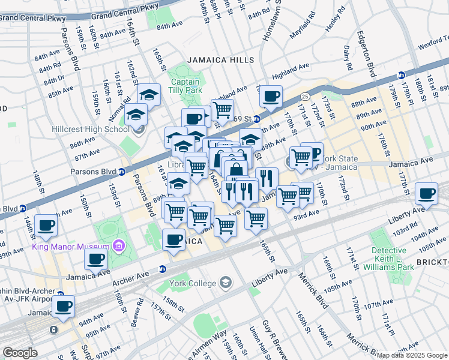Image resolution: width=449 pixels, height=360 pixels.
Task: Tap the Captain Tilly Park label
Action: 185,86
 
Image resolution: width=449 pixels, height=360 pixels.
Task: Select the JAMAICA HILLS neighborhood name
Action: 220,61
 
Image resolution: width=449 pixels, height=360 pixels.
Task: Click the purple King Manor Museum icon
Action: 118,247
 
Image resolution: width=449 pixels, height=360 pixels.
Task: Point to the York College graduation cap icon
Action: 226,282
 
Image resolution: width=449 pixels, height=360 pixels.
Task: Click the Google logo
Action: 20,353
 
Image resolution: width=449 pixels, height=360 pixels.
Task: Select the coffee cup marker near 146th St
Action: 46,226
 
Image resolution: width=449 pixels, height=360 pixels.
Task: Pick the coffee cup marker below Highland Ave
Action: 271,95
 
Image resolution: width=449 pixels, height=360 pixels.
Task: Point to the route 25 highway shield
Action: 305,97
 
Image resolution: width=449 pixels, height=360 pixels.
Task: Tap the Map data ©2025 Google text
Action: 412,355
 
